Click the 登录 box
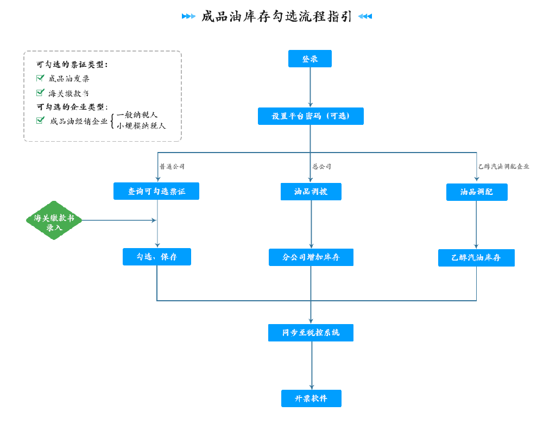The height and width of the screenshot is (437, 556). click(x=310, y=59)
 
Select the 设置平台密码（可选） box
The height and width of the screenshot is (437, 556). click(x=311, y=116)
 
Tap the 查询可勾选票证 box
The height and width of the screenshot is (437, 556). click(x=156, y=191)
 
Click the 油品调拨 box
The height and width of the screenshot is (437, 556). click(x=311, y=192)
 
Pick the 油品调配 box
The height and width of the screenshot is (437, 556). click(x=477, y=192)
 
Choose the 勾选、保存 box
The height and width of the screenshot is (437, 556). click(x=157, y=257)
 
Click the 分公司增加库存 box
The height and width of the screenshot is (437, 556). click(x=311, y=257)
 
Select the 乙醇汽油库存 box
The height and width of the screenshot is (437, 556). click(x=476, y=258)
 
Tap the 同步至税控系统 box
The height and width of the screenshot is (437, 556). click(x=311, y=332)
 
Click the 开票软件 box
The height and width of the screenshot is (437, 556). click(x=311, y=398)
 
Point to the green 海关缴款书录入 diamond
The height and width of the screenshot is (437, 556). click(x=54, y=220)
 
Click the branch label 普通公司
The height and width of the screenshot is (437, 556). click(x=172, y=166)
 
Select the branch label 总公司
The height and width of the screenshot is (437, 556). click(x=321, y=166)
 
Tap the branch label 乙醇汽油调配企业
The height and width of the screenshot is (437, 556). click(x=503, y=166)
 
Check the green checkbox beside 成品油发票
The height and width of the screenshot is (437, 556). click(x=40, y=78)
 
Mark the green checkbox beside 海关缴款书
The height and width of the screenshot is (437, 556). click(x=40, y=92)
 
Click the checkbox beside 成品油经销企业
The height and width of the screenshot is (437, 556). click(x=40, y=120)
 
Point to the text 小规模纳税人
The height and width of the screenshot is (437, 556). click(x=141, y=126)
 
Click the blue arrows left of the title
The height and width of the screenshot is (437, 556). click(x=188, y=16)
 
